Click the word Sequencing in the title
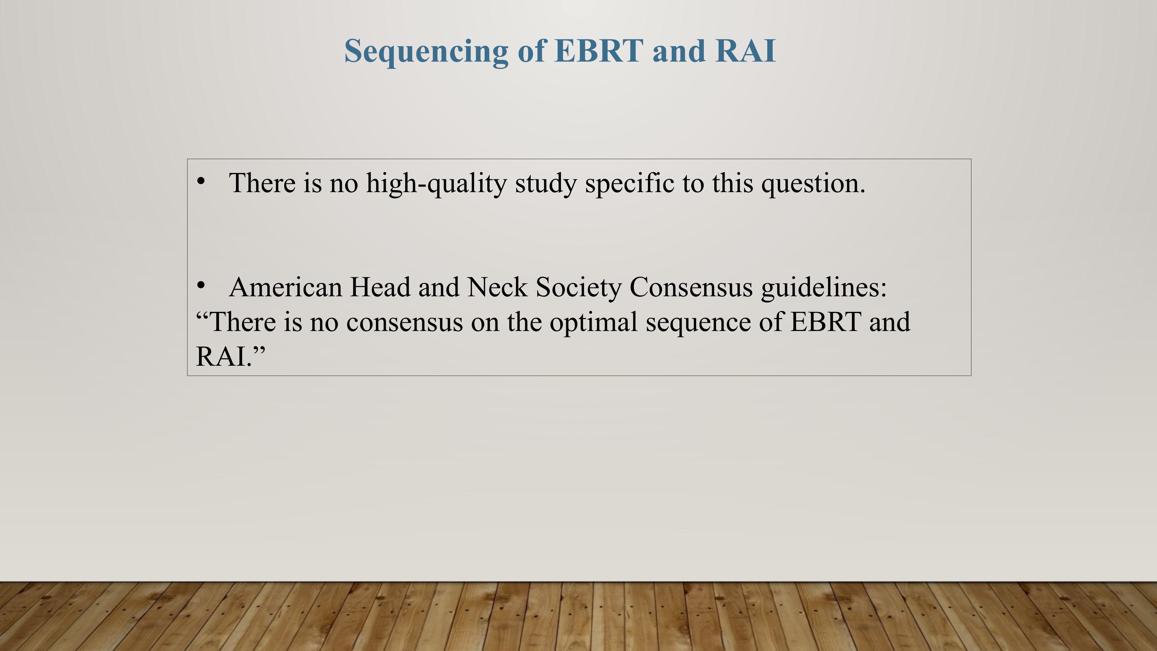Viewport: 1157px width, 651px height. (x=426, y=52)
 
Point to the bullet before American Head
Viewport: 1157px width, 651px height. (x=201, y=285)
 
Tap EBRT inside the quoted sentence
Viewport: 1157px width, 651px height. (x=826, y=322)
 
